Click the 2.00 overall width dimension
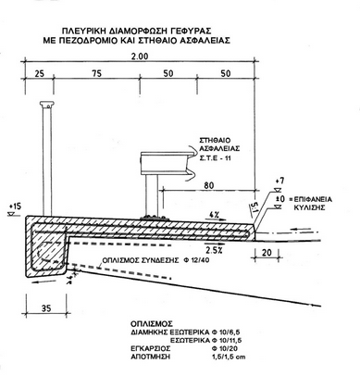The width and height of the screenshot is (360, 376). pyautogui.click(x=139, y=56)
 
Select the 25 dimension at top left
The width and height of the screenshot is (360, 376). pyautogui.click(x=40, y=73)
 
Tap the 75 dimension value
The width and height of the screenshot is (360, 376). pyautogui.click(x=96, y=73)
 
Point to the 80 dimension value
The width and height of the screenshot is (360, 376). pyautogui.click(x=208, y=185)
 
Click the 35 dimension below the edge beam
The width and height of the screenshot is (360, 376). pyautogui.click(x=45, y=307)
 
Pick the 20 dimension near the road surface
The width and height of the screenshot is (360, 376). pyautogui.click(x=267, y=253)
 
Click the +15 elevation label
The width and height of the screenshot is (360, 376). pyautogui.click(x=15, y=206)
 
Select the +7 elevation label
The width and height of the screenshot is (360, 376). pyautogui.click(x=279, y=181)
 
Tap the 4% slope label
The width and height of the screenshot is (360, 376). pyautogui.click(x=214, y=215)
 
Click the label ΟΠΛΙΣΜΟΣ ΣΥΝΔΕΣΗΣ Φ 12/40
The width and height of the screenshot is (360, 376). pyautogui.click(x=156, y=260)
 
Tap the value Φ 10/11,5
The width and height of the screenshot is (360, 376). pyautogui.click(x=227, y=341)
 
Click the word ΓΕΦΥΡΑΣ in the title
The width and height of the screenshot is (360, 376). pyautogui.click(x=191, y=31)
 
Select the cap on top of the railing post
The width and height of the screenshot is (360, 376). pyautogui.click(x=47, y=105)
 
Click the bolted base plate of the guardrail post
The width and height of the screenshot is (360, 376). pyautogui.click(x=152, y=217)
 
